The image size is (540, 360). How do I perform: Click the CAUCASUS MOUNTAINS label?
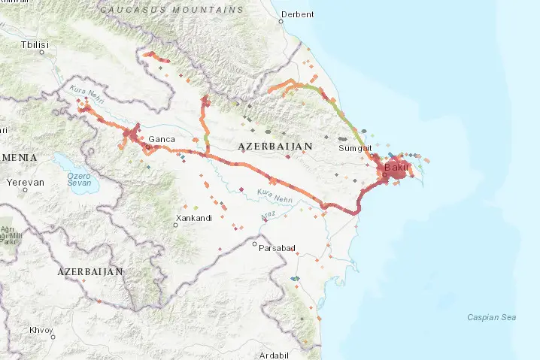point(172,10)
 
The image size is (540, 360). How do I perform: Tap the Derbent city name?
point(296,14)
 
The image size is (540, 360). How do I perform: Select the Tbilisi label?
point(35,45)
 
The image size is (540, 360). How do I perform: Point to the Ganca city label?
point(162,139)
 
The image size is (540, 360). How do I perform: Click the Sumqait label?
point(354,149)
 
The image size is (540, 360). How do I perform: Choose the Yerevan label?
point(25,183)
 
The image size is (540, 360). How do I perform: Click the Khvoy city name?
point(41,330)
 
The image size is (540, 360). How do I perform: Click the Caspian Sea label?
point(491,317)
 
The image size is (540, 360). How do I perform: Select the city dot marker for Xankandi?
point(176,225)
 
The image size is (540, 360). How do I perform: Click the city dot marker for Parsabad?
point(256,244)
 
